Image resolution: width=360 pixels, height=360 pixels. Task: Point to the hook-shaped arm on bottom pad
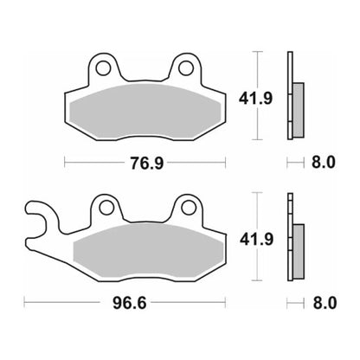[39, 216]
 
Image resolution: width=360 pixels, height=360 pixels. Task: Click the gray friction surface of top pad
[145, 109]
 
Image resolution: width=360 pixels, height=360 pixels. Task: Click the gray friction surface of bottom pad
[147, 249]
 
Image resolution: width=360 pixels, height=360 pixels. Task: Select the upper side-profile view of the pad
[292, 95]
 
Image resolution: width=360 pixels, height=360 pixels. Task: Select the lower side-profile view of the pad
[292, 235]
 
